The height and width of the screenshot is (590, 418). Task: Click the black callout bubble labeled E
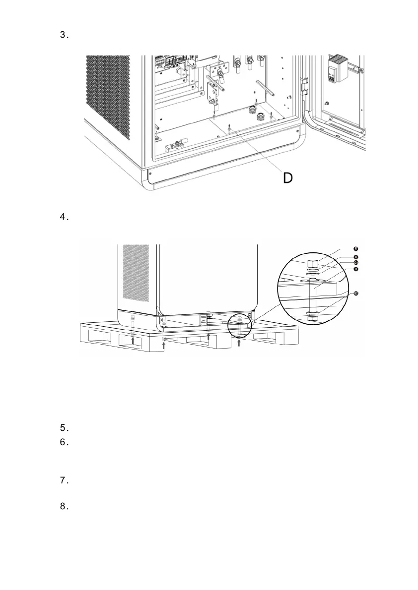point(356,248)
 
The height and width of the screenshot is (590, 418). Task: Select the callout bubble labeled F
point(356,256)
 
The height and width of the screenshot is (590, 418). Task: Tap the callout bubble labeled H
point(356,269)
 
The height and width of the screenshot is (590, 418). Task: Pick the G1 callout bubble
point(356,262)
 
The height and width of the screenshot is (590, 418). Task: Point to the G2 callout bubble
point(356,294)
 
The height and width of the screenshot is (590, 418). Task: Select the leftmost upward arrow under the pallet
point(133,340)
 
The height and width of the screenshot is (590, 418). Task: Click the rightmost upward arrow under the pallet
point(239,343)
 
